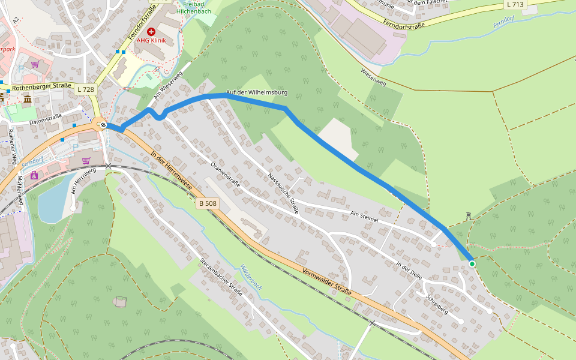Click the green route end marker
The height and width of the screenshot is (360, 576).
pos(472,263)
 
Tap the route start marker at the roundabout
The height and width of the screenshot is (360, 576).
pos(104,125)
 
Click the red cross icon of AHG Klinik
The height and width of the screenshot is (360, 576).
pos(151,31)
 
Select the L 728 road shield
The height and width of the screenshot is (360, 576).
pos(86,89)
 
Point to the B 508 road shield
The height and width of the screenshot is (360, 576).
pos(207,203)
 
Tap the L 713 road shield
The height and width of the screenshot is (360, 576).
pos(515,4)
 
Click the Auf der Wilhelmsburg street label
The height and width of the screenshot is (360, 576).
pos(257,92)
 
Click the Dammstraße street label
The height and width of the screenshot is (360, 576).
pos(46,121)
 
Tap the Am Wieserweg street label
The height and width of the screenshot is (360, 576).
pos(167,86)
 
